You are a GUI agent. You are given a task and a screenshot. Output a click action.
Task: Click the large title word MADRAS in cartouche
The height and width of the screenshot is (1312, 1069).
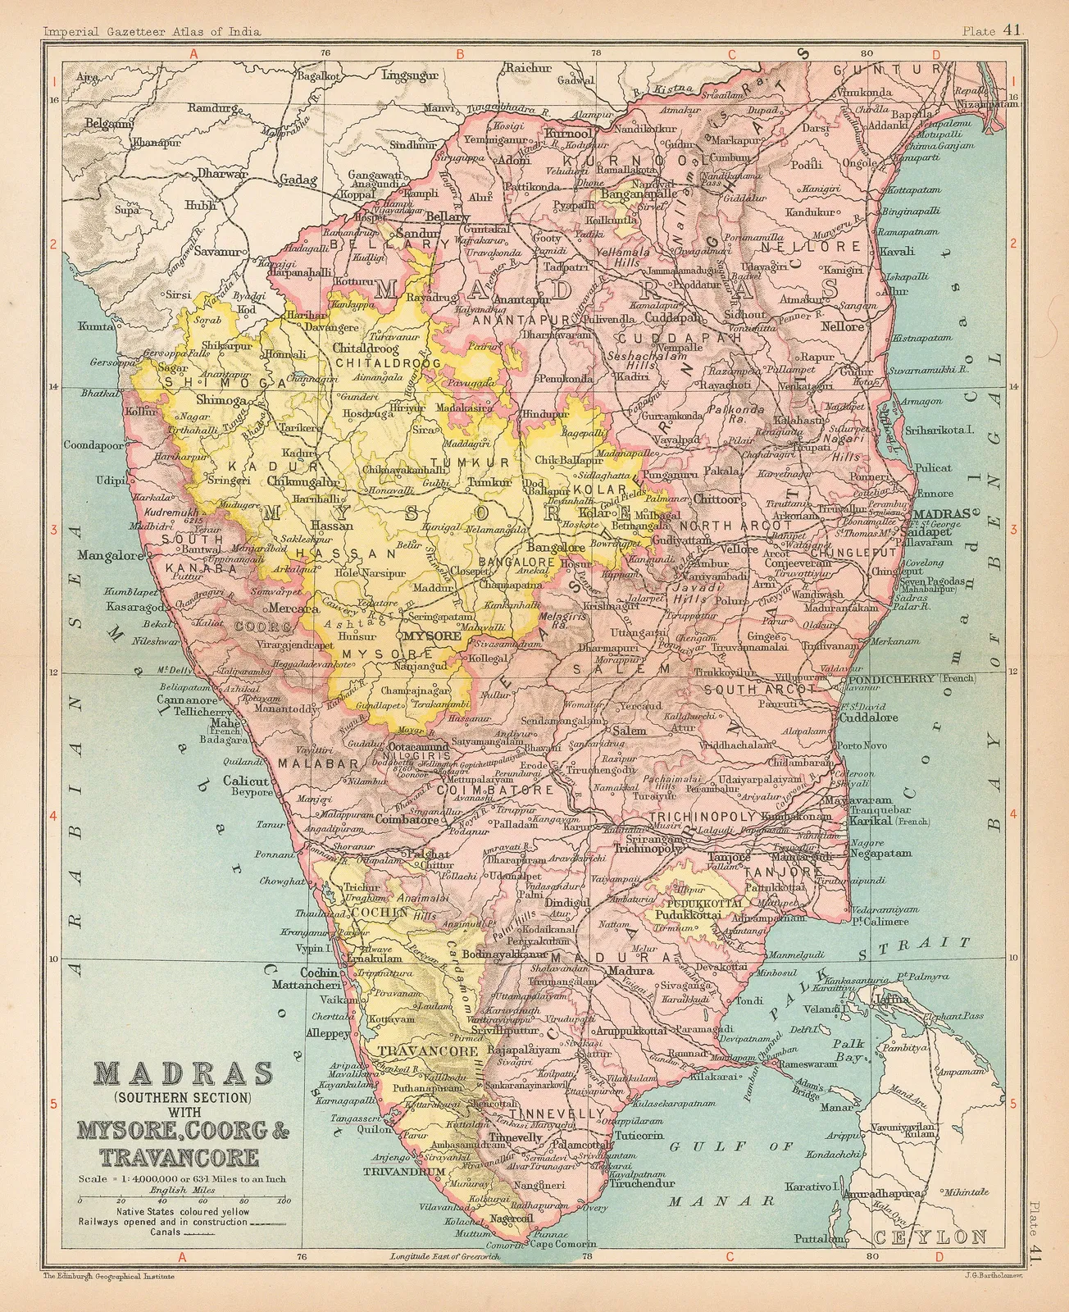(184, 1075)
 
